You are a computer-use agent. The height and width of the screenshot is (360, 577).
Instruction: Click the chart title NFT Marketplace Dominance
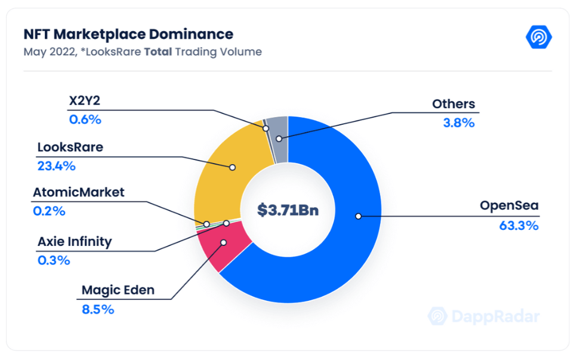(128, 34)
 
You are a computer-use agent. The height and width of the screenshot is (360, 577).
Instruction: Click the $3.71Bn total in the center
(288, 210)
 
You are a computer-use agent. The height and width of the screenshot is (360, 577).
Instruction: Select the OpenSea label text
(509, 207)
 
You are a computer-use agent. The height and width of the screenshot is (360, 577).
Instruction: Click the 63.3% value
(519, 226)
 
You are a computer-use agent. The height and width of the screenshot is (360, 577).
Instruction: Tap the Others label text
(453, 104)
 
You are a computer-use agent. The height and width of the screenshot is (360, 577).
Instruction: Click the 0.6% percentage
(85, 119)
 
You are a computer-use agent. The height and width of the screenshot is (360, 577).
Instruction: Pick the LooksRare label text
(70, 147)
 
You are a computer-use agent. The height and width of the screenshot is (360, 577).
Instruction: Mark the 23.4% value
(56, 166)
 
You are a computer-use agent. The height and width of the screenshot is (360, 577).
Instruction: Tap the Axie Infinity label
(75, 242)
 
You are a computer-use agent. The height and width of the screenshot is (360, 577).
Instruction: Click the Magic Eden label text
(118, 291)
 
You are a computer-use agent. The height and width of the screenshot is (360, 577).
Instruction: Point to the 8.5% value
(98, 309)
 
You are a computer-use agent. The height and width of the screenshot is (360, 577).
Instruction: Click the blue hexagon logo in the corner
(539, 37)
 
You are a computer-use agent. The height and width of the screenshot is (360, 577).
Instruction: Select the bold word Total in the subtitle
(158, 52)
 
